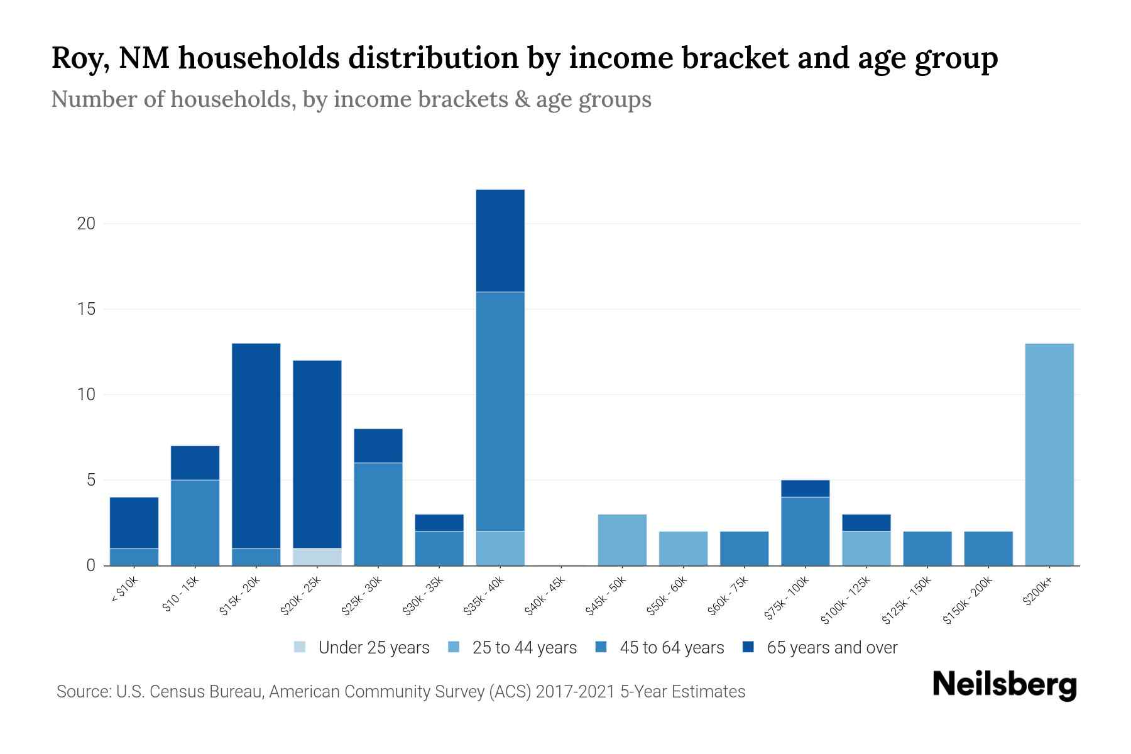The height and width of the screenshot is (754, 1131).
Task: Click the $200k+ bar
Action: coord(1049,454)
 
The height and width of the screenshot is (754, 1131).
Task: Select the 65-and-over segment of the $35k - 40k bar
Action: coord(500,241)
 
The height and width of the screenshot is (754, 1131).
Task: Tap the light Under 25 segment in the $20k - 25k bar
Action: coord(317,557)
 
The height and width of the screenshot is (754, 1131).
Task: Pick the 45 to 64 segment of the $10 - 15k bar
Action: coord(195,522)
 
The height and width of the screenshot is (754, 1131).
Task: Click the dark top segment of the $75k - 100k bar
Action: coord(805,488)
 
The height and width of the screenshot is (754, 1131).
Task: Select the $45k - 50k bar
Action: coord(622,540)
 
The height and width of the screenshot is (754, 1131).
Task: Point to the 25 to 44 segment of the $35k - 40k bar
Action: coord(500,548)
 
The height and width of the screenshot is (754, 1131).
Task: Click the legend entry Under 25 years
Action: coord(373,648)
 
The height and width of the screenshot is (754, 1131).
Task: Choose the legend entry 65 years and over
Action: coord(831,648)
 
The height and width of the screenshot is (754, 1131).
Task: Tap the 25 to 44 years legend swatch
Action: coord(454,647)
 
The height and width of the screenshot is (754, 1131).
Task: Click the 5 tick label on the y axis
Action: coord(90,481)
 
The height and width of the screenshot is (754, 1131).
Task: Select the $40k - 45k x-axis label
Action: coord(545,596)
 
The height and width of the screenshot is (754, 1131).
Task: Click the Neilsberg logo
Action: coord(1004,685)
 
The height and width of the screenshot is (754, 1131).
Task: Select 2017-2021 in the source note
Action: coord(576,692)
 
